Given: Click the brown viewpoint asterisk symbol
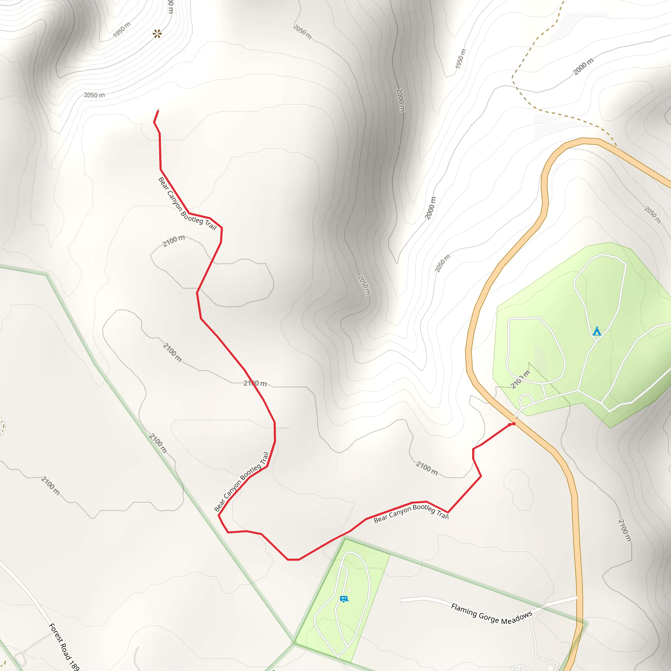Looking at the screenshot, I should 157,34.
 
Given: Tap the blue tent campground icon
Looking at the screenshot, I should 597,331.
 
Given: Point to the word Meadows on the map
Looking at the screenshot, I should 516,618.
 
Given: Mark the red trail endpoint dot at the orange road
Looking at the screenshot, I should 513,424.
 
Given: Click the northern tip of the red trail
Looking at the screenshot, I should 158,110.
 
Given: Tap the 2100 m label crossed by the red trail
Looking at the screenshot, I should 255,383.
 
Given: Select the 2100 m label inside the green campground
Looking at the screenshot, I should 520,380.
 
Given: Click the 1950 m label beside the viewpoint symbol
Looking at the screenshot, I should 122,29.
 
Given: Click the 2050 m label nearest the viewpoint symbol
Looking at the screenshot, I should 94,95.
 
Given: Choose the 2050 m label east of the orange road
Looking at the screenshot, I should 652,215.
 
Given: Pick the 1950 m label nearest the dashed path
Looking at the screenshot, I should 461,59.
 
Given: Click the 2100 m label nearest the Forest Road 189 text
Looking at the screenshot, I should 50,486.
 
